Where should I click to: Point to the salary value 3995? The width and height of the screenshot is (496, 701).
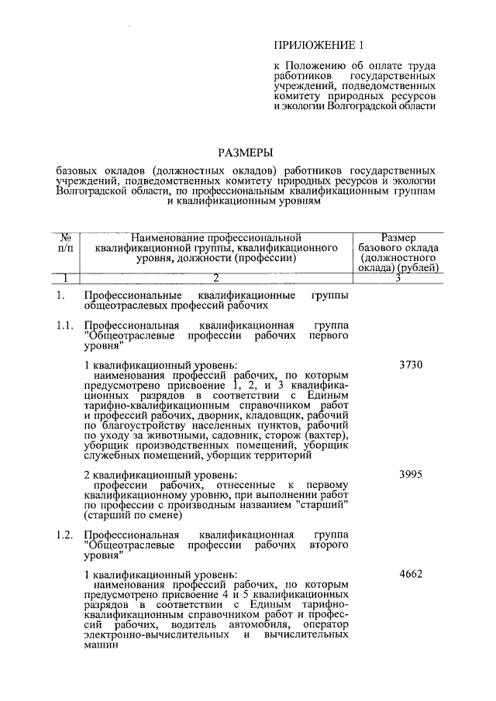(x=410, y=473)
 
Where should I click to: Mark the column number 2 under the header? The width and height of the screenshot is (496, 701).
(x=215, y=279)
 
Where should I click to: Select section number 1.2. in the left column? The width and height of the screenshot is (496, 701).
(x=65, y=534)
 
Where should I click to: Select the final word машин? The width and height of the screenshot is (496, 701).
(x=99, y=645)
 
